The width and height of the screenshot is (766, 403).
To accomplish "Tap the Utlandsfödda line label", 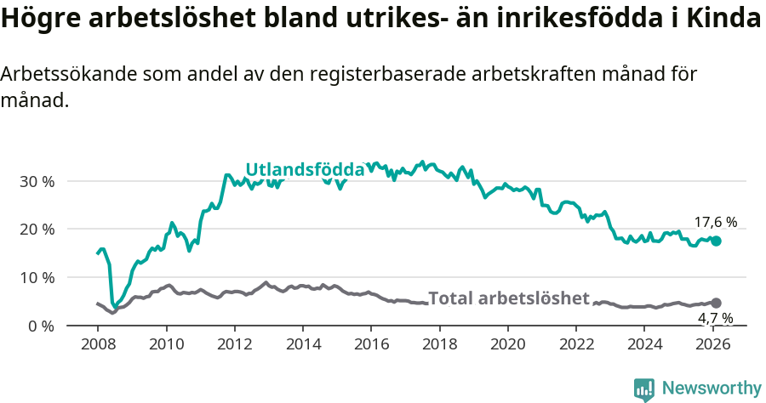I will click(x=305, y=170).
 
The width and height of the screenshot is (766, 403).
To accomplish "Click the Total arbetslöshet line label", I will click(x=508, y=298).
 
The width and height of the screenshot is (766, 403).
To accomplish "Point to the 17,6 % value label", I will click(x=715, y=223).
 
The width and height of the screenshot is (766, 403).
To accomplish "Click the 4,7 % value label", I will click(x=715, y=319).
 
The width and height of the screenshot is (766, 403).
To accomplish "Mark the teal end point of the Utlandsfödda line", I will click(x=716, y=241).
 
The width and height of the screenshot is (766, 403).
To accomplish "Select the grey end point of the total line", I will click(x=716, y=303).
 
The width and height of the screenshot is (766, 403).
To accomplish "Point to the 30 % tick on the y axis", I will click(x=37, y=181).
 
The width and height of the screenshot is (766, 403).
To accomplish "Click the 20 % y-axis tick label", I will click(x=37, y=230).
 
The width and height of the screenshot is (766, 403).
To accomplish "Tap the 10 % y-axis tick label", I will click(x=37, y=278).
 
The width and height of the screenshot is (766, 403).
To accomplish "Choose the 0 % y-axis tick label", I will click(x=40, y=326).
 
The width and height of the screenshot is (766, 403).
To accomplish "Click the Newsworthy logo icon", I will click(x=644, y=389).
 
